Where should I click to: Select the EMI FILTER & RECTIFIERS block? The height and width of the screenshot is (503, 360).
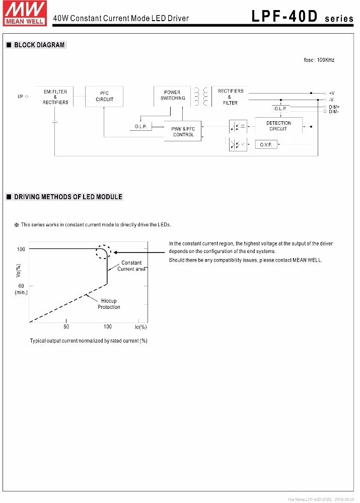tap(55, 97)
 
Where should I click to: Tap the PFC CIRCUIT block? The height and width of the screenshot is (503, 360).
tap(104, 96)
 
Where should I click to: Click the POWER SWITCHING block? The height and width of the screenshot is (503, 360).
tap(172, 96)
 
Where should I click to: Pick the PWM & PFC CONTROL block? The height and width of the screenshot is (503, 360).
tap(183, 132)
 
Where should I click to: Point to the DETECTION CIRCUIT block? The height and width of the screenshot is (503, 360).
tap(278, 126)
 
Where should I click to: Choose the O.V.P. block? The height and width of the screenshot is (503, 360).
tap(266, 145)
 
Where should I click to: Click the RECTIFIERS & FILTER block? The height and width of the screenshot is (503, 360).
tap(230, 97)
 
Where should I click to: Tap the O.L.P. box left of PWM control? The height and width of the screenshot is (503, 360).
tap(140, 127)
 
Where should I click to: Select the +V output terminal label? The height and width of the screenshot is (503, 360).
tap(332, 93)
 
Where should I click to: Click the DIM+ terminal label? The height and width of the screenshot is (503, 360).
tap(334, 107)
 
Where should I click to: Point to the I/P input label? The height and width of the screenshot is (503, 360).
tap(20, 96)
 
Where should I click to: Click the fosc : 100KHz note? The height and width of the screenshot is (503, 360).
tap(319, 60)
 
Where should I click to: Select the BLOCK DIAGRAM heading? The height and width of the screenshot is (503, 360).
tap(39, 45)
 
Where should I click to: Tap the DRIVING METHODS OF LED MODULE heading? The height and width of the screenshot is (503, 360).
tap(68, 197)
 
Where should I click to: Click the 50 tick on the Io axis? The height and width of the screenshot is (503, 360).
tap(66, 327)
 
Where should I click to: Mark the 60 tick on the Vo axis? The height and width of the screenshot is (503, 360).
tap(21, 286)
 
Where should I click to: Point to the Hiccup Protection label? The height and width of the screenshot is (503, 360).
tap(109, 304)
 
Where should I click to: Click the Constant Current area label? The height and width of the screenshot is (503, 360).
tap(131, 266)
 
